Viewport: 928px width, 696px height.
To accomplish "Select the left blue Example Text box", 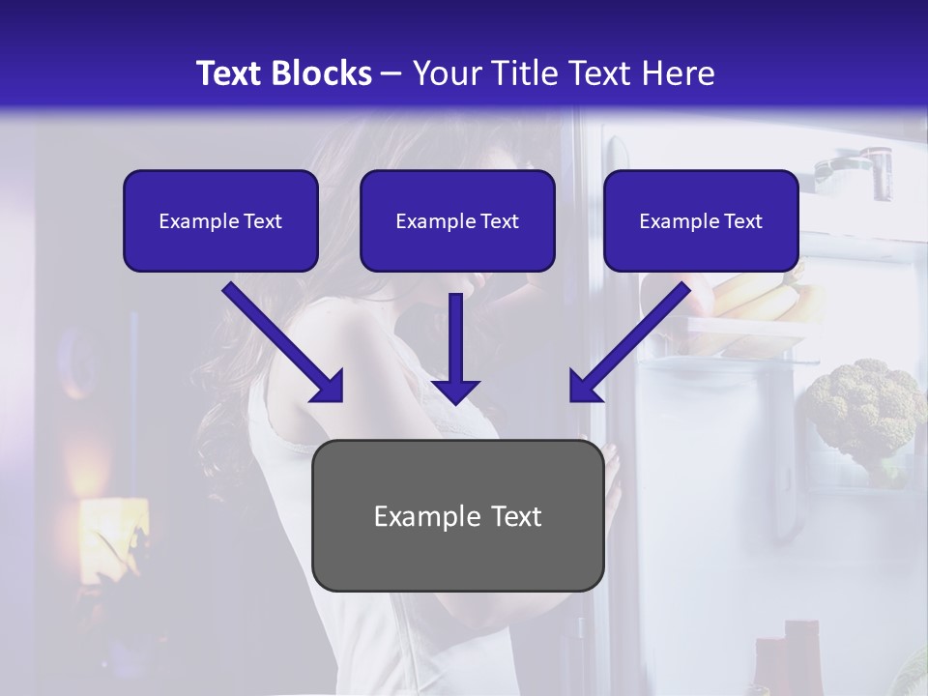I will coord(220,220).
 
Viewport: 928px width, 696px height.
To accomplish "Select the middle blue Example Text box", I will coord(457,220).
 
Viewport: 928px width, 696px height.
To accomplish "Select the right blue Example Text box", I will coord(701,220).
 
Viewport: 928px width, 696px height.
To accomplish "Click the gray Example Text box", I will coord(457,515).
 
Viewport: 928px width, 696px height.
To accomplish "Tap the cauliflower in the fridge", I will coord(863,406).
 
